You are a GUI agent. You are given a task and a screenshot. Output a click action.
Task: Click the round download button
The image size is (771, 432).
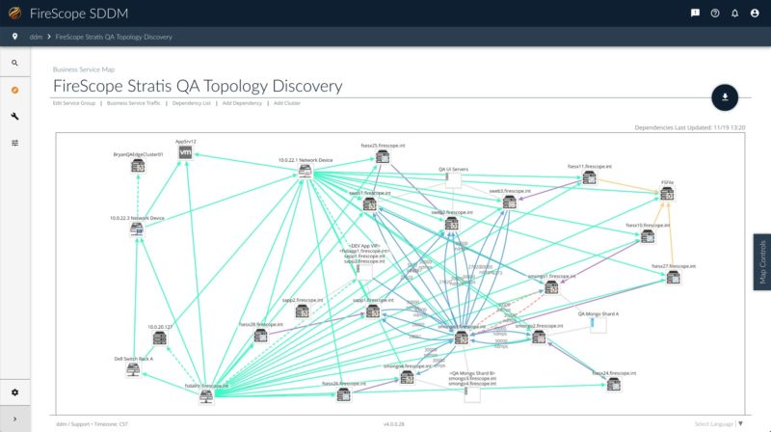pyautogui.click(x=724, y=96)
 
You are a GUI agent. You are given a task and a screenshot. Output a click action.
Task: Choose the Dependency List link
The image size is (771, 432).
pyautogui.click(x=192, y=101)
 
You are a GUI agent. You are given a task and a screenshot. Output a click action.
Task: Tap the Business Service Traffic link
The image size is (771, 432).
pyautogui.click(x=133, y=101)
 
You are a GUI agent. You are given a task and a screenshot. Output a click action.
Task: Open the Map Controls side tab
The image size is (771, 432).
pyautogui.click(x=761, y=261)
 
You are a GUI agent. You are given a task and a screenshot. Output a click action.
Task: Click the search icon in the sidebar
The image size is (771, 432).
pyautogui.click(x=14, y=63)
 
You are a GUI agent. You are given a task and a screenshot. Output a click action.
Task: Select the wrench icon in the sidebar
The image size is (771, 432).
pyautogui.click(x=14, y=116)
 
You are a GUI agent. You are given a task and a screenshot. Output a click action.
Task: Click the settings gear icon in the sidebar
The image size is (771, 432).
pyautogui.click(x=14, y=392)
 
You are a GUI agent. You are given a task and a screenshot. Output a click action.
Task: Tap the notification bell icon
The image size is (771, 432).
pyautogui.click(x=735, y=13)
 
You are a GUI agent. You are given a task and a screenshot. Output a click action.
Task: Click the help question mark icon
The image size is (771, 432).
pyautogui.click(x=715, y=13)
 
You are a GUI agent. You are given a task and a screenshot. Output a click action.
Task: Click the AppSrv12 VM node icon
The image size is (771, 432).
pyautogui.click(x=187, y=153)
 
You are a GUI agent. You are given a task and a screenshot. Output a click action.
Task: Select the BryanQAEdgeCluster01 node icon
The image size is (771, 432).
pyautogui.click(x=138, y=166)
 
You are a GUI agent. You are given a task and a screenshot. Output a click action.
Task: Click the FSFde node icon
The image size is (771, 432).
pyautogui.click(x=667, y=194)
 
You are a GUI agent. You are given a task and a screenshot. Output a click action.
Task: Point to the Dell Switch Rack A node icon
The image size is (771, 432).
pyautogui.click(x=133, y=370)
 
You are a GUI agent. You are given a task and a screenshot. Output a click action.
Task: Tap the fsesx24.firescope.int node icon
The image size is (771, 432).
pyautogui.click(x=614, y=384)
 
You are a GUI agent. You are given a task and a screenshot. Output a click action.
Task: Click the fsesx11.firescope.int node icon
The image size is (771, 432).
pyautogui.click(x=588, y=178)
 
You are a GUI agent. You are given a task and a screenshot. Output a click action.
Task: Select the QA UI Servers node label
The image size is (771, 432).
pyautogui.click(x=453, y=169)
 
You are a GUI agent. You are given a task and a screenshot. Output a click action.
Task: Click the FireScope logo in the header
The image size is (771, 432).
pyautogui.click(x=14, y=13)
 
